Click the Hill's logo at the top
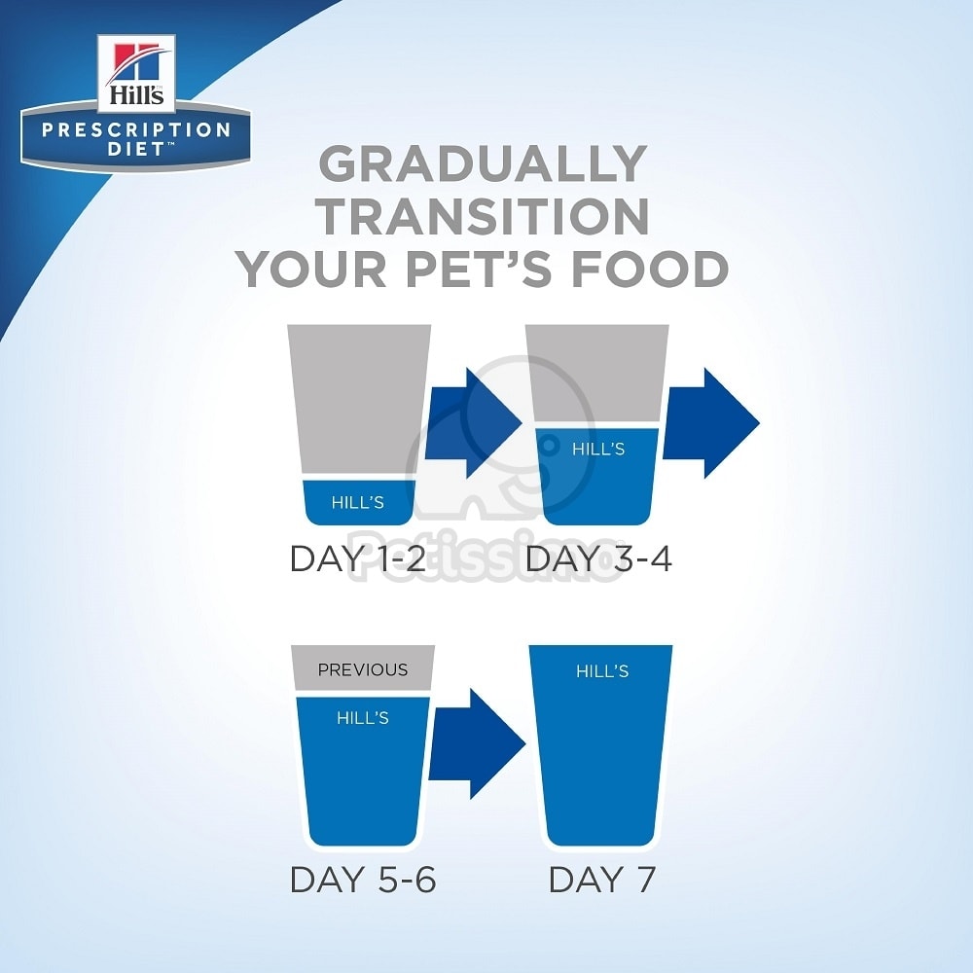click(136, 73)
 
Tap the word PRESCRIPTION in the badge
click(136, 129)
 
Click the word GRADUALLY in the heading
click(484, 163)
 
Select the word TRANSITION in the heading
click(484, 216)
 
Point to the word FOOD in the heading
click(650, 269)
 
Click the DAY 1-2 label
click(358, 559)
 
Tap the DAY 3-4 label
click(598, 559)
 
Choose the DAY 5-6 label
click(363, 880)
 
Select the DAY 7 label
click(602, 880)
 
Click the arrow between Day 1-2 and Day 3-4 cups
click(473, 423)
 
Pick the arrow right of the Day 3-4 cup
click(711, 423)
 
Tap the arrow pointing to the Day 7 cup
click(477, 744)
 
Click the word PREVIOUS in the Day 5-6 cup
click(363, 669)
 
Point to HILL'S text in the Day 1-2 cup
click(357, 502)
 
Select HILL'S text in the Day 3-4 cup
click(598, 449)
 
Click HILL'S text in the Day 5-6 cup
click(363, 718)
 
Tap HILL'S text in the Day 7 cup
click(602, 670)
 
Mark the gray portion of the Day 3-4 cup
click(597, 376)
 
